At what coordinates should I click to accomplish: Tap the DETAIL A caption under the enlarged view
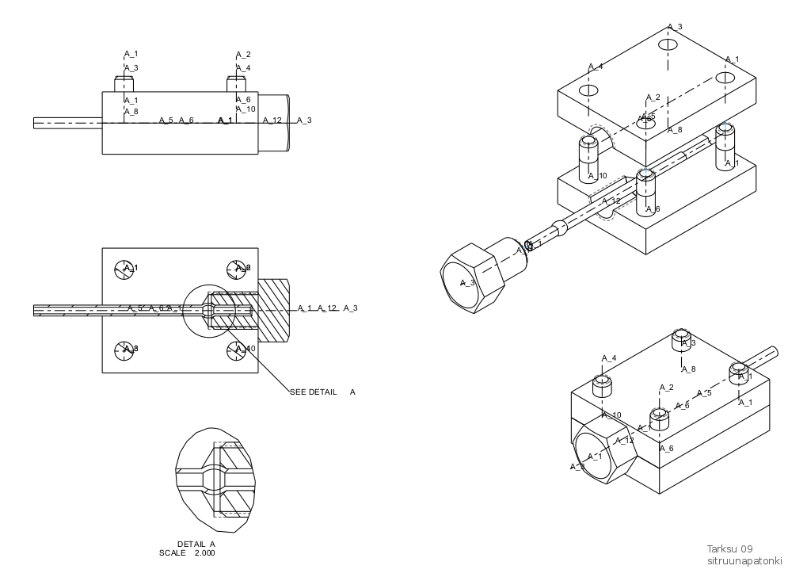click(196, 544)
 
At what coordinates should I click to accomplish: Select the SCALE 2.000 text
click(187, 553)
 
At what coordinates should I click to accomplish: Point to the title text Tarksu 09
click(729, 549)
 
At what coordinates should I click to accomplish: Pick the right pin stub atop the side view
click(236, 84)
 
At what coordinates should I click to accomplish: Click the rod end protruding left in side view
click(67, 123)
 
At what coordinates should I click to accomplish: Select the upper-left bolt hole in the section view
click(125, 269)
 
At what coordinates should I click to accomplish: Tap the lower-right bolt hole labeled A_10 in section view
click(238, 349)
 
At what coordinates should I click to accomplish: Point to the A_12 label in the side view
click(272, 120)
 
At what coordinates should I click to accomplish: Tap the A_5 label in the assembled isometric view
click(704, 393)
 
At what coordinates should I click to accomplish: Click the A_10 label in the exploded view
click(598, 176)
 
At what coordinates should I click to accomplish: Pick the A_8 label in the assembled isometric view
click(689, 369)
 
